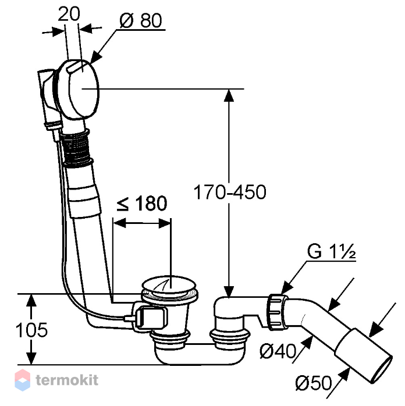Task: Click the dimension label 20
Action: (x=69, y=14)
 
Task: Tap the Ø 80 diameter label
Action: (x=141, y=21)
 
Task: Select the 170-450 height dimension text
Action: (x=230, y=192)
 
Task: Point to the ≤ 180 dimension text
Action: (x=141, y=203)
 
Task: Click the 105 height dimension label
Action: (x=31, y=330)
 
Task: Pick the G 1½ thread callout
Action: (x=331, y=251)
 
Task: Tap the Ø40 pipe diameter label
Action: (x=278, y=351)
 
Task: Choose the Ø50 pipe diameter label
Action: (x=314, y=383)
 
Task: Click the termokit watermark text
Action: (x=67, y=380)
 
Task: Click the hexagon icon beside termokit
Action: (x=23, y=380)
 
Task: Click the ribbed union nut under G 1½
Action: (x=278, y=312)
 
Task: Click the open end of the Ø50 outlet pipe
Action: (x=382, y=370)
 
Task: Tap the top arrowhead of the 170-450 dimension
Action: (x=229, y=95)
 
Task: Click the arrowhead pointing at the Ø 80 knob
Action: (x=96, y=56)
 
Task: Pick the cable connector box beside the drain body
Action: (x=151, y=318)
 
